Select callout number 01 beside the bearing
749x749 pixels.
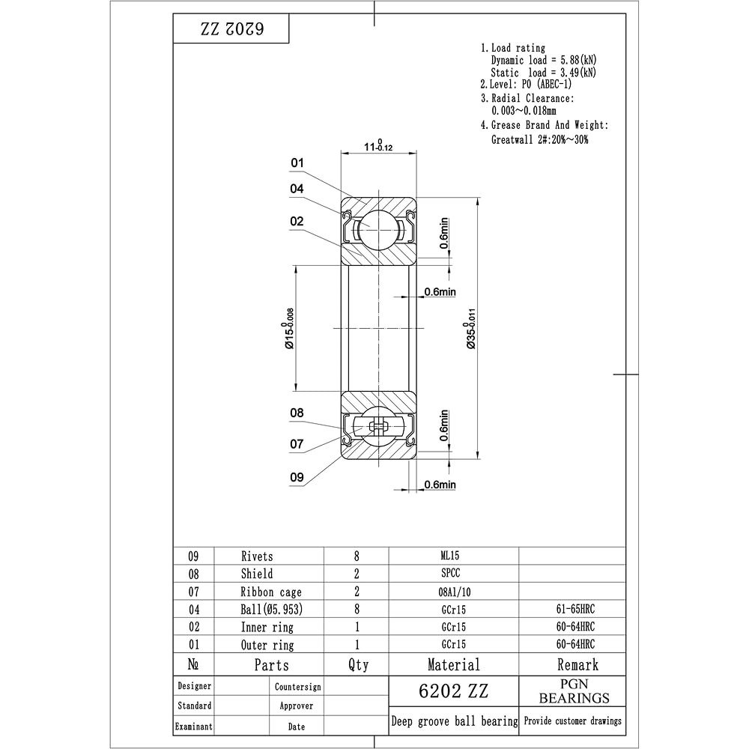[297, 163]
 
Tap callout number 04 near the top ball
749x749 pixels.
[297, 189]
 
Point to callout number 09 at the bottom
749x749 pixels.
[297, 476]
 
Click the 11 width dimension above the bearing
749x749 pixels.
[378, 146]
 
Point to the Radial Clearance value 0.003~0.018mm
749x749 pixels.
[524, 112]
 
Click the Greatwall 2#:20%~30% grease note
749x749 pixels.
[539, 139]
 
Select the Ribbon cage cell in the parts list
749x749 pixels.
[270, 592]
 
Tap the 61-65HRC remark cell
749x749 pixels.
[571, 609]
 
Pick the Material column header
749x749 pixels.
[453, 664]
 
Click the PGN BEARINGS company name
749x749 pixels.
[574, 691]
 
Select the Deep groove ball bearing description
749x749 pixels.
[454, 721]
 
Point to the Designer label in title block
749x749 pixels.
[194, 686]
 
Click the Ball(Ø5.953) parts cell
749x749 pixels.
[271, 609]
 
